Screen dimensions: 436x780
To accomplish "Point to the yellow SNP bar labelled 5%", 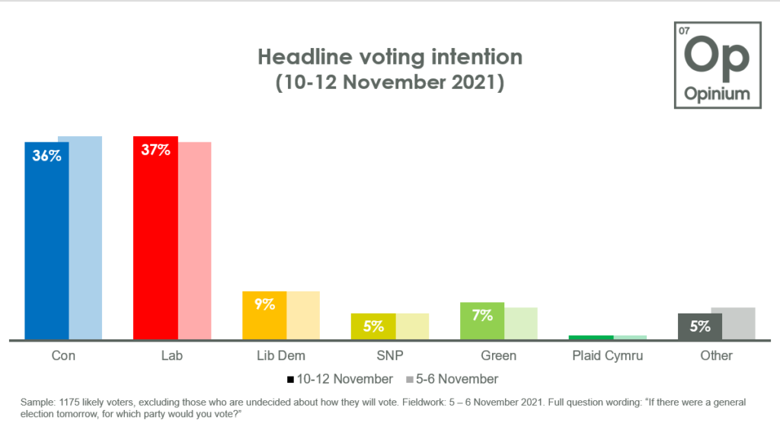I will tap(373, 326).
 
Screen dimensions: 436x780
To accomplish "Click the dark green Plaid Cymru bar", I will tap(591, 337).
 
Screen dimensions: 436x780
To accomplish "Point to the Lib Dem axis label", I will tap(281, 355).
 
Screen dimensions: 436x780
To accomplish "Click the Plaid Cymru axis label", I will tap(607, 355).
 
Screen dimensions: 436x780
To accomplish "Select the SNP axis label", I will tap(389, 355).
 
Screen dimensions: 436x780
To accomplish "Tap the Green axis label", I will tap(498, 355).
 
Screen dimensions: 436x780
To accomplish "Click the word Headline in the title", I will tap(298, 57).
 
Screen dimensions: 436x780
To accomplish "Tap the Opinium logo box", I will tap(717, 65).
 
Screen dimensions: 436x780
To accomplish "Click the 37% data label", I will tap(155, 150).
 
